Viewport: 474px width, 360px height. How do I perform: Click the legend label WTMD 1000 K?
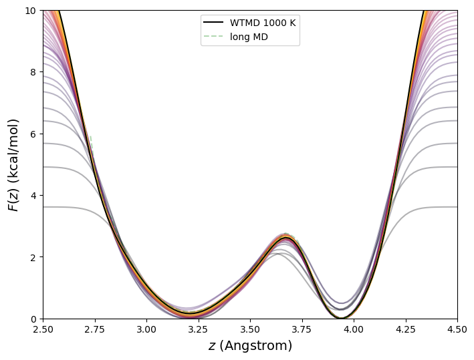click(263, 23)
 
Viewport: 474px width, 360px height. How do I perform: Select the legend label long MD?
click(249, 37)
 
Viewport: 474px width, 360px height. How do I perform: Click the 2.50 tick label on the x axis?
click(43, 329)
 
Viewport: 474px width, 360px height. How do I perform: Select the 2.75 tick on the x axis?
click(95, 329)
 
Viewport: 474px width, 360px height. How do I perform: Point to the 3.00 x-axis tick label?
click(146, 329)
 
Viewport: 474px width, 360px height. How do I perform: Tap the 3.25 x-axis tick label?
click(199, 329)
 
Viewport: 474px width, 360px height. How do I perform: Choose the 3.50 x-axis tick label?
click(250, 329)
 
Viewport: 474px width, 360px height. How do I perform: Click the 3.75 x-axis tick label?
click(302, 329)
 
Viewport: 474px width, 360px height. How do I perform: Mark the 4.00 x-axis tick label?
click(354, 329)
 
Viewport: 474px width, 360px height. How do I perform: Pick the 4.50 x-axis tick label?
click(457, 329)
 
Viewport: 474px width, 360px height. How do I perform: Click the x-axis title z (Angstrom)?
click(250, 346)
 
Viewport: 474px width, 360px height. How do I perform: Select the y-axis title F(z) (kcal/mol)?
click(13, 164)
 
